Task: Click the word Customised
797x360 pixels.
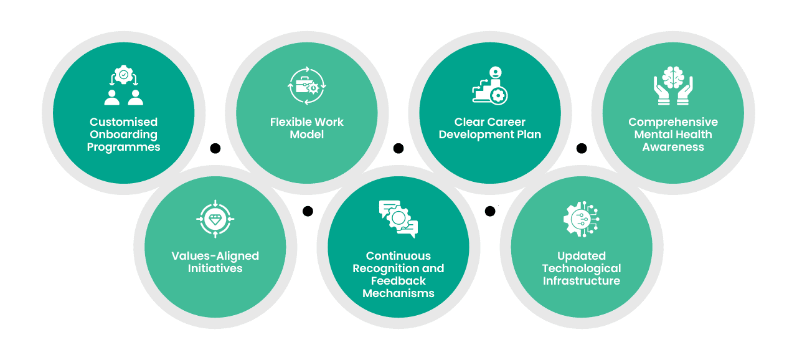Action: coord(123,122)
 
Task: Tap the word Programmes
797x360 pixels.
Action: coord(123,147)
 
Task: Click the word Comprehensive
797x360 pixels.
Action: coord(673,122)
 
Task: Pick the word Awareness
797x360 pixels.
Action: coord(673,147)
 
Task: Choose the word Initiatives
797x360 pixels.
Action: coord(215,268)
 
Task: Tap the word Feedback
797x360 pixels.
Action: coord(398,281)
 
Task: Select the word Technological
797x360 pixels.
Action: coord(582,268)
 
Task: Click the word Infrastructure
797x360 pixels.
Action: coord(582,281)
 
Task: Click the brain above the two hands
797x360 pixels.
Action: coord(673,77)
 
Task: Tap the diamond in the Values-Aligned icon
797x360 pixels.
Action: coord(215,219)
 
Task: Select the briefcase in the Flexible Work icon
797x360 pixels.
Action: coord(303,85)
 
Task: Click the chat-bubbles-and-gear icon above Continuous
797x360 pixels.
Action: coord(398,219)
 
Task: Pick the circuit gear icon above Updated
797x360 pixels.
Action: coord(582,219)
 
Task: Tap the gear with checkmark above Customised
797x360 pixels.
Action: coord(123,75)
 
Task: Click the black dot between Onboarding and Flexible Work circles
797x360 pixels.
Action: coord(215,148)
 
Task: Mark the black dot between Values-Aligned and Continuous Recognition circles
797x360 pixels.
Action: coord(308,211)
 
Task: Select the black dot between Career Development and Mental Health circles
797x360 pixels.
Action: coord(582,148)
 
